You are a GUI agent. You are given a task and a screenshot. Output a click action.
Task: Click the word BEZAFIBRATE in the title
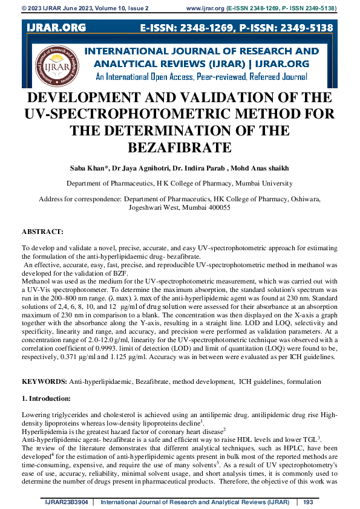click(180, 148)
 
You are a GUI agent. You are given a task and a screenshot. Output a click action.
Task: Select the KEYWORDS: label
click(44, 382)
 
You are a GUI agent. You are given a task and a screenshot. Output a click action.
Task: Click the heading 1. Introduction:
click(46, 399)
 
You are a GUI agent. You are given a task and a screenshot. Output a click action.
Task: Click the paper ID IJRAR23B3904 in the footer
click(65, 502)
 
